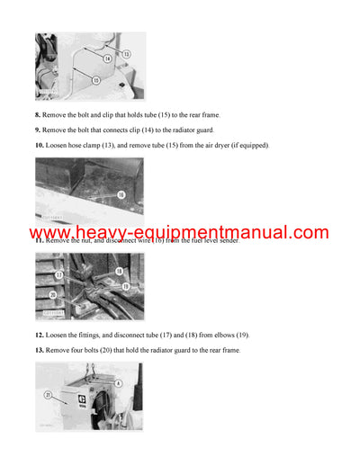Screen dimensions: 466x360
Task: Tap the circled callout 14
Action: (108, 58)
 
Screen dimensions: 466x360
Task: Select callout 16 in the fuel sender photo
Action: (121, 193)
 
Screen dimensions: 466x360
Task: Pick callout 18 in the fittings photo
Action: (119, 270)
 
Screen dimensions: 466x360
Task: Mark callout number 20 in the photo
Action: (53, 294)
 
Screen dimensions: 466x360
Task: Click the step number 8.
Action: (39, 114)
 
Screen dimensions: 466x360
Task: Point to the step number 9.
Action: (39, 130)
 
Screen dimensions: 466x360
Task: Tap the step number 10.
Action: (40, 145)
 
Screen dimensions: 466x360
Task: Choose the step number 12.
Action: (40, 335)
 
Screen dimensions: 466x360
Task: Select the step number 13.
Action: (40, 349)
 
